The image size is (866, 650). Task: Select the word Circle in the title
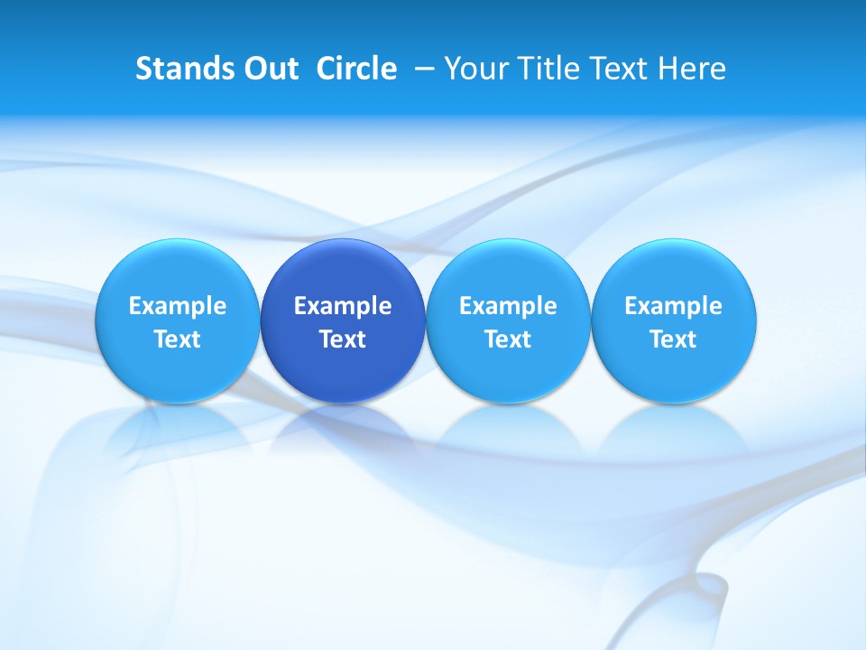[x=356, y=69]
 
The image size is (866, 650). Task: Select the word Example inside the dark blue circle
[x=343, y=306]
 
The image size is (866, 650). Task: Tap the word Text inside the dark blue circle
[x=343, y=339]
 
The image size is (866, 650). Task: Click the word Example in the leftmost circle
[x=178, y=306]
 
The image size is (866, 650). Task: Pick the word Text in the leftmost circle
[x=178, y=339]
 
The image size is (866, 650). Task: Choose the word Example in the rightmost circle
[x=674, y=306]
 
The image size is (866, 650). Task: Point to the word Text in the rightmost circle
[x=674, y=339]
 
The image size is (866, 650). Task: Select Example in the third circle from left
[x=508, y=306]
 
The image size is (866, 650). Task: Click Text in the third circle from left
[x=508, y=339]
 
